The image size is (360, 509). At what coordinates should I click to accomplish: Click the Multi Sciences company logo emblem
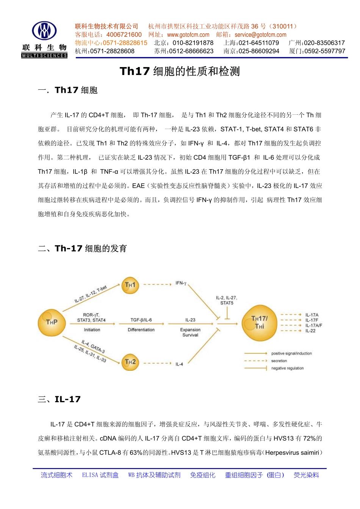[x=44, y=31]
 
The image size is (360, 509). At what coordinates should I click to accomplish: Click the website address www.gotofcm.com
[x=188, y=35]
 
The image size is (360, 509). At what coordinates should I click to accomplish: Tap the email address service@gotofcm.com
[x=260, y=35]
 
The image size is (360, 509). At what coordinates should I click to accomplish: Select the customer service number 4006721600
[x=124, y=35]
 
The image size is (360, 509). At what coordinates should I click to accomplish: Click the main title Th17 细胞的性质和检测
[x=180, y=72]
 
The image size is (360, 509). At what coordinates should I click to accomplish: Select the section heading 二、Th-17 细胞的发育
[x=83, y=248]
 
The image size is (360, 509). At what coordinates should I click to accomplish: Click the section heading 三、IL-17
[x=59, y=399]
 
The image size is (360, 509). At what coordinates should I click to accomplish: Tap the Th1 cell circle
[x=130, y=285]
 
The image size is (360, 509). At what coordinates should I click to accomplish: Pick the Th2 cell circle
[x=130, y=362]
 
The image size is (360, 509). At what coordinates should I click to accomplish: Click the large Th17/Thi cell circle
[x=260, y=323]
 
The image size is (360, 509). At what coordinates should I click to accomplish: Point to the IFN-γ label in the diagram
[x=181, y=283]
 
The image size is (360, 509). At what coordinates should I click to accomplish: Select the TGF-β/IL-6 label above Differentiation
[x=141, y=320]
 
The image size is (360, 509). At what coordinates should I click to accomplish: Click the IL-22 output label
[x=310, y=331]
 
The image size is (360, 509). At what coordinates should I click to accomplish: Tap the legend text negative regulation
[x=287, y=368]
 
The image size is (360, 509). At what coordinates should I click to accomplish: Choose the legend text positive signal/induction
[x=291, y=353]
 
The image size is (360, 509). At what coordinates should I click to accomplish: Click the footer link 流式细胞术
[x=56, y=475]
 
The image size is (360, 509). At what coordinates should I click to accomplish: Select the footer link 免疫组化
[x=202, y=475]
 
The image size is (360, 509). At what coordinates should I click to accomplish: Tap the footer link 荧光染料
[x=306, y=475]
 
